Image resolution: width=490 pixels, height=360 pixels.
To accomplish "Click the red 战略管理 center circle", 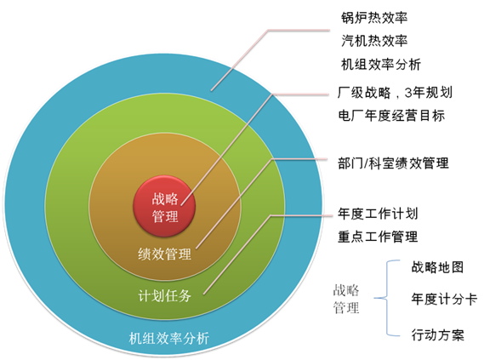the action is [164, 206].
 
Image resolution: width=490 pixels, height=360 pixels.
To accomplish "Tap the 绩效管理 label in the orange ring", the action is [164, 254].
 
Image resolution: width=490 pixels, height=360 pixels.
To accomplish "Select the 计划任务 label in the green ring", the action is [164, 295].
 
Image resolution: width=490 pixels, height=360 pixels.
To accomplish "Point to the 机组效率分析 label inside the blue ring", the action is [169, 339].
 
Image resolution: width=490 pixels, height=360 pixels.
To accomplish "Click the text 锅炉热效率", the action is [374, 18].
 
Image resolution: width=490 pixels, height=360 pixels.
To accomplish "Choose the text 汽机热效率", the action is [374, 41].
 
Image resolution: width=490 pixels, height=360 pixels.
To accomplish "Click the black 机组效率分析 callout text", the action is [381, 65].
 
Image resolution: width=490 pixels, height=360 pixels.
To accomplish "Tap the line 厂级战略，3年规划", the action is [395, 93].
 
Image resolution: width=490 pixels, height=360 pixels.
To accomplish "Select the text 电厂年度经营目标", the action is [391, 116].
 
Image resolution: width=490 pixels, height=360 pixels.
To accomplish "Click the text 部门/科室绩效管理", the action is [393, 163].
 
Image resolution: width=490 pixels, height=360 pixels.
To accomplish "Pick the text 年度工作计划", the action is [378, 214].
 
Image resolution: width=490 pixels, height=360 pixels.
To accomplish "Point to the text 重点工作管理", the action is [378, 237].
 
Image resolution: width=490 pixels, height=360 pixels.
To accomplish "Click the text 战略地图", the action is [437, 267].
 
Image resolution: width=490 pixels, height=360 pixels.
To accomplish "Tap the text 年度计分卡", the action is [444, 299].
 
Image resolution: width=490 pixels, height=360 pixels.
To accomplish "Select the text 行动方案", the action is [437, 334].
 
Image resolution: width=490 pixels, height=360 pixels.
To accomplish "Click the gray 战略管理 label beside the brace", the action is [346, 299].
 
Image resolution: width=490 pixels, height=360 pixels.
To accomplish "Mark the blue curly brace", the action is [387, 299].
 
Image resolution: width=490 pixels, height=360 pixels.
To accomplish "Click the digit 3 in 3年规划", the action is [408, 93].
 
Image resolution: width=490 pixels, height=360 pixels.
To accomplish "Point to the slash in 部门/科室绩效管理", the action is [366, 163].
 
